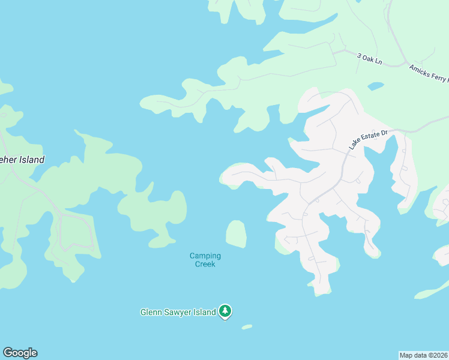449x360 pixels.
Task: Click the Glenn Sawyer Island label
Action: point(178,312)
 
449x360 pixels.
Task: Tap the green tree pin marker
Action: point(225,311)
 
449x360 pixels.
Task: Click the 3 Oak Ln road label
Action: point(370,59)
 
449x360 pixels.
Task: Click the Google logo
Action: point(20,353)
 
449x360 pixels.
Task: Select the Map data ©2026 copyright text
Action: point(423,355)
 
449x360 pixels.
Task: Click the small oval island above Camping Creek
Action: point(236,233)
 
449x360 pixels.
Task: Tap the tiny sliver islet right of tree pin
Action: point(247,327)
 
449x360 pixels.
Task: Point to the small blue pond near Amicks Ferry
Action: point(375,86)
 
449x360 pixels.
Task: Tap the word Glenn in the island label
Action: point(151,312)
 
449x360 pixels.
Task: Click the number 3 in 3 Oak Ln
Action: point(359,55)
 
